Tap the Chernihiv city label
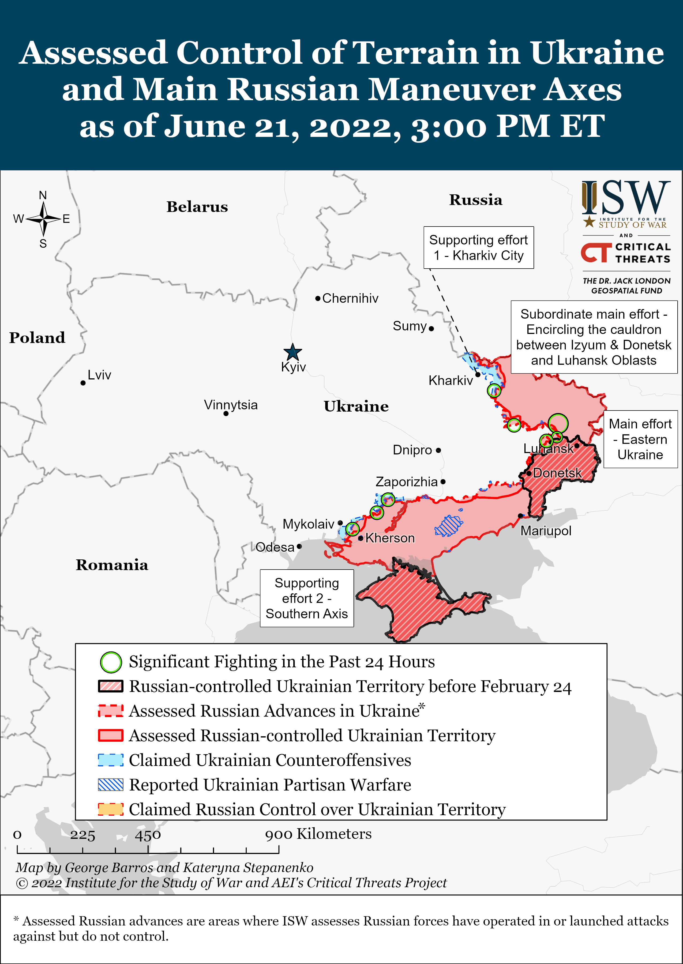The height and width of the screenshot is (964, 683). point(350,299)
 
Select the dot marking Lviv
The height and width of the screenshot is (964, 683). point(83,383)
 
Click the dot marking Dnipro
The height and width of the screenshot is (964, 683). point(438,450)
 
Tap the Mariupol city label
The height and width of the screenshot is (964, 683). point(546,531)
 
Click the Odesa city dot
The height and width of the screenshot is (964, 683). point(299,547)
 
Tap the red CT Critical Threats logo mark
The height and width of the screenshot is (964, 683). point(596,252)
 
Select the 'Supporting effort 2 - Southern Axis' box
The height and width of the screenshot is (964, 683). point(307,598)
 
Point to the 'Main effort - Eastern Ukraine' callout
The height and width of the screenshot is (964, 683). point(640,439)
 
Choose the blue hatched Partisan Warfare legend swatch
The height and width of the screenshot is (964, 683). point(111,785)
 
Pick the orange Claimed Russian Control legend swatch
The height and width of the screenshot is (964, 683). point(111,809)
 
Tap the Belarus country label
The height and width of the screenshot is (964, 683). point(197,207)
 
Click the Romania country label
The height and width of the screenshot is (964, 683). point(112,565)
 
